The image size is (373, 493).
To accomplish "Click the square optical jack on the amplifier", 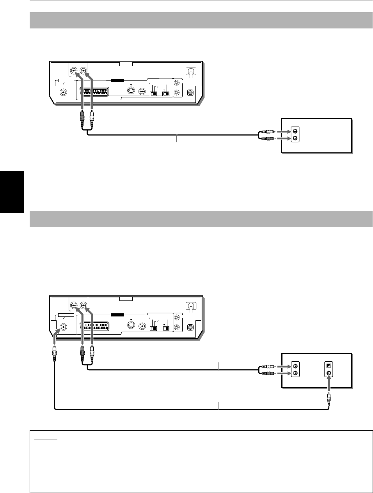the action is point(329,366).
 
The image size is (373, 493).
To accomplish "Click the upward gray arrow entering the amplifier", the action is point(329,386).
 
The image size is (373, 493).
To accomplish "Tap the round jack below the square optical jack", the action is point(329,373).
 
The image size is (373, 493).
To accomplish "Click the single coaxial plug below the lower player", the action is point(55,353).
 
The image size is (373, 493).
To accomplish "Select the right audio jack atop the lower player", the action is point(83,305).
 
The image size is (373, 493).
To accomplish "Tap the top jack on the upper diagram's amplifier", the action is point(295,131).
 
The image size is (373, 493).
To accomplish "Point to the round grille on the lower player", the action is point(190,327).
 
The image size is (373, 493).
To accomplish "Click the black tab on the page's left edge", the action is point(12,191).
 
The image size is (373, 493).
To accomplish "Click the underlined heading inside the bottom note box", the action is point(46,438).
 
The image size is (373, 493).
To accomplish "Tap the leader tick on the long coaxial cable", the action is point(219,405).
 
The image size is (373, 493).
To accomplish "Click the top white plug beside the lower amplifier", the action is point(269,366).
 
